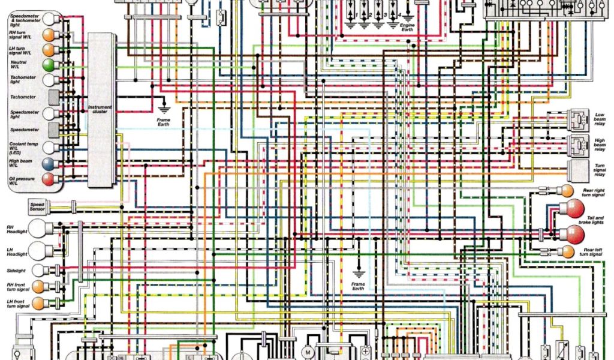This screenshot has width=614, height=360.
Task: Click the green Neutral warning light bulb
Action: click(x=47, y=65)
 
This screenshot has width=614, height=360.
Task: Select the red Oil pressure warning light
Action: click(x=47, y=178)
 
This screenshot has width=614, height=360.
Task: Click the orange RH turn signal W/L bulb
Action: click(x=47, y=34)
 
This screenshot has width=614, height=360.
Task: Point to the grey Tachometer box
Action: click(x=53, y=97)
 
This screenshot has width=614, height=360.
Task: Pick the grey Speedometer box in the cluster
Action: click(x=53, y=130)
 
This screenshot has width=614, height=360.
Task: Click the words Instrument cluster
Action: click(x=100, y=110)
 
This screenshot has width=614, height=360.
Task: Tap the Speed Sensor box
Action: click(x=37, y=208)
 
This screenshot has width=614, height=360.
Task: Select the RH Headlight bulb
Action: click(x=40, y=228)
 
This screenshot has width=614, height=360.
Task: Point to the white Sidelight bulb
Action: click(x=38, y=271)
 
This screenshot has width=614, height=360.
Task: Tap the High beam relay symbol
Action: click(x=578, y=145)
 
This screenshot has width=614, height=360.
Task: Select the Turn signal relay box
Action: click(x=579, y=170)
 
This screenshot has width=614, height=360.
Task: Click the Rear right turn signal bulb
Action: click(x=565, y=191)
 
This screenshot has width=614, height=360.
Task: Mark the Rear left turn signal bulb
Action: click(x=565, y=251)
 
